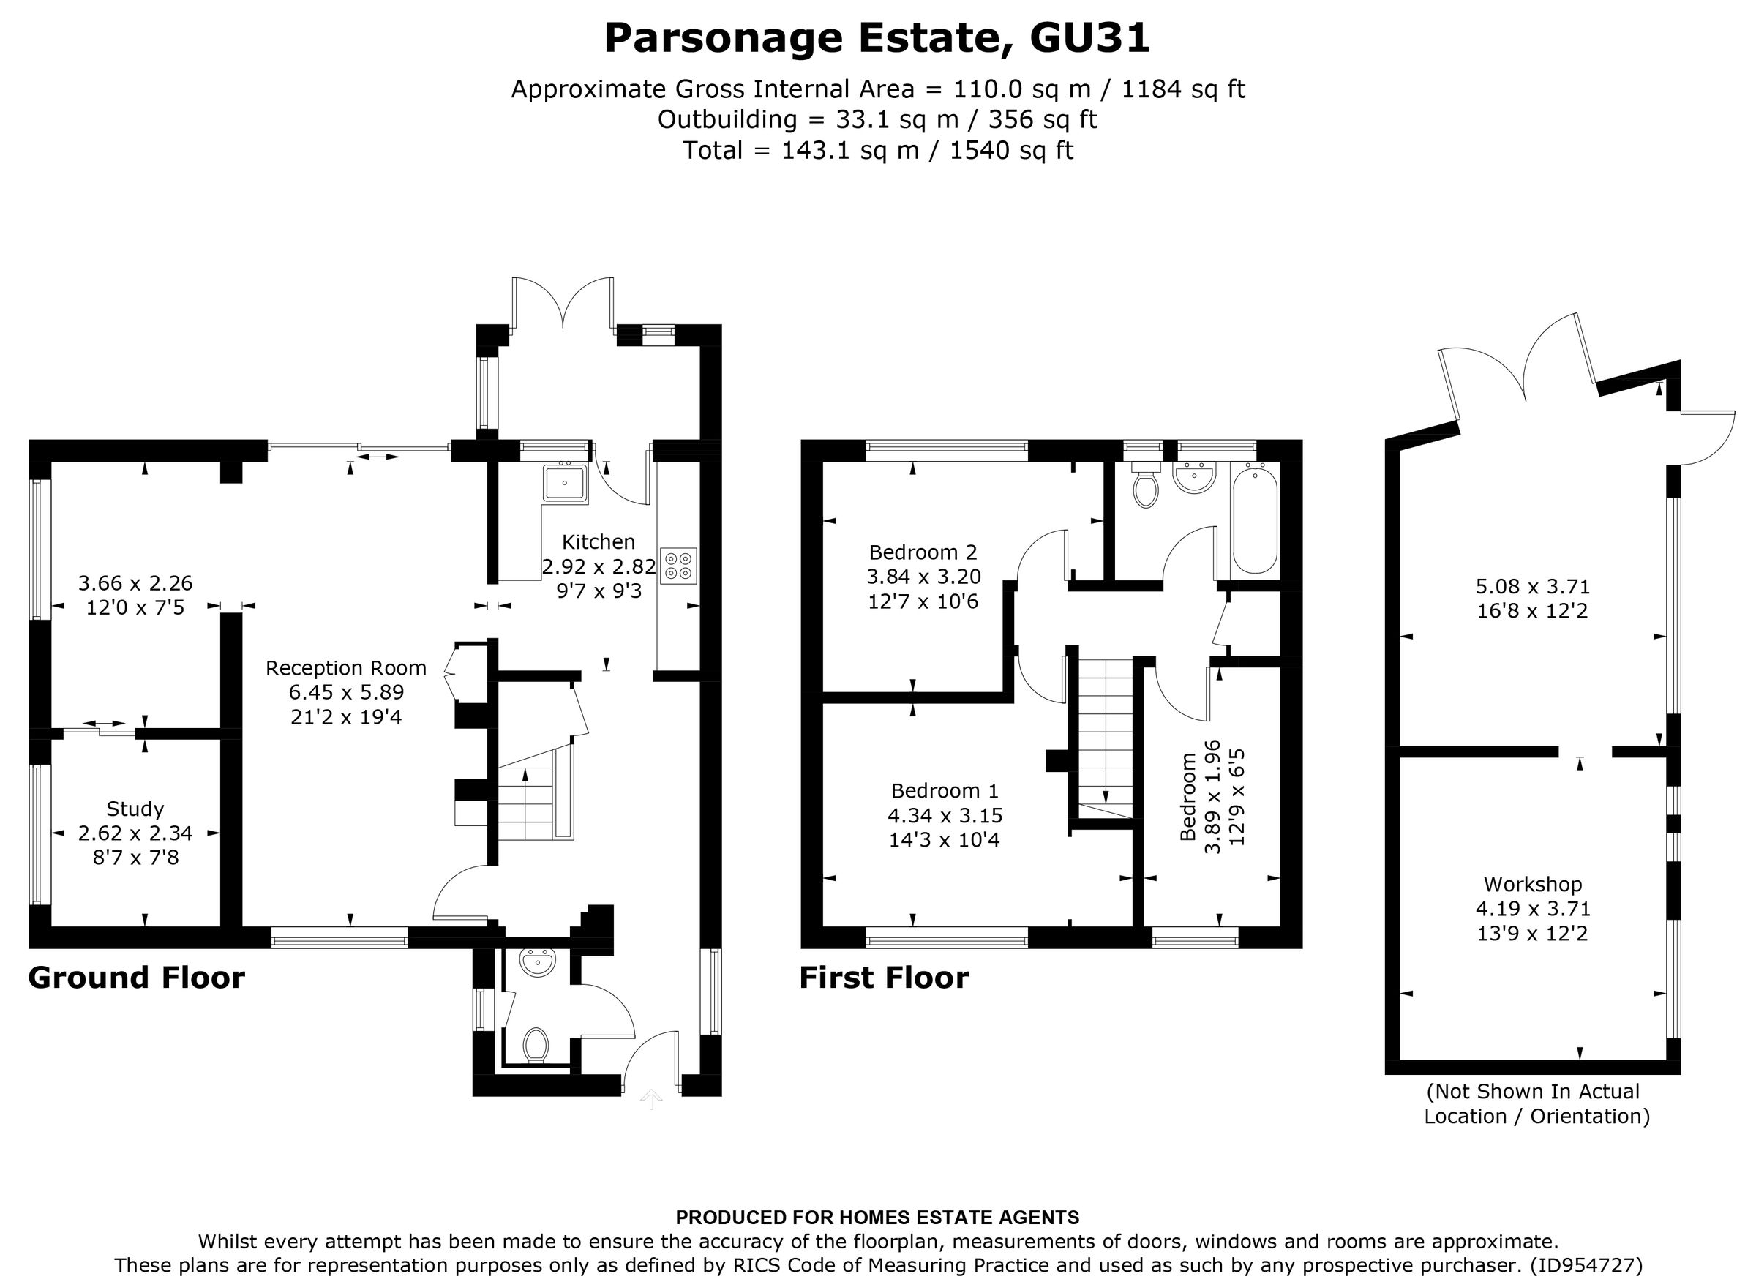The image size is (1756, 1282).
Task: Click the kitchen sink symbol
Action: [565, 484]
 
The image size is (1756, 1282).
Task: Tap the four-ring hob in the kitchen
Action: [678, 566]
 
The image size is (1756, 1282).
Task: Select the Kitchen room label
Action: [598, 541]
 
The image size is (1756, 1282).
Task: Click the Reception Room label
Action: [345, 668]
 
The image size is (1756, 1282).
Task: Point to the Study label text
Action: [135, 809]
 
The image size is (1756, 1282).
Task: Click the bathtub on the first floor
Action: [1255, 518]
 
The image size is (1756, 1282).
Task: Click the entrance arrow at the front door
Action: [650, 1099]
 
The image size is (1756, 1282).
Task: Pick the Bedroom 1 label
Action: [945, 791]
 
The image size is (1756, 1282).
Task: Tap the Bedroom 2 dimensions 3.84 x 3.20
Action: [923, 577]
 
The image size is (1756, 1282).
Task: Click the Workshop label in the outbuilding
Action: [1533, 884]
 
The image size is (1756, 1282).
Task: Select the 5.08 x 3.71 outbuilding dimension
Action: [1533, 586]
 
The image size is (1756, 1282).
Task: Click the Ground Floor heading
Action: [137, 978]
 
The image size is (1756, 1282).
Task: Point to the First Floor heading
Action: [884, 978]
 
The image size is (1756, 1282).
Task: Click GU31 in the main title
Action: [1089, 38]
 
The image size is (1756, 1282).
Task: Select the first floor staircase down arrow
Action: [1105, 795]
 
